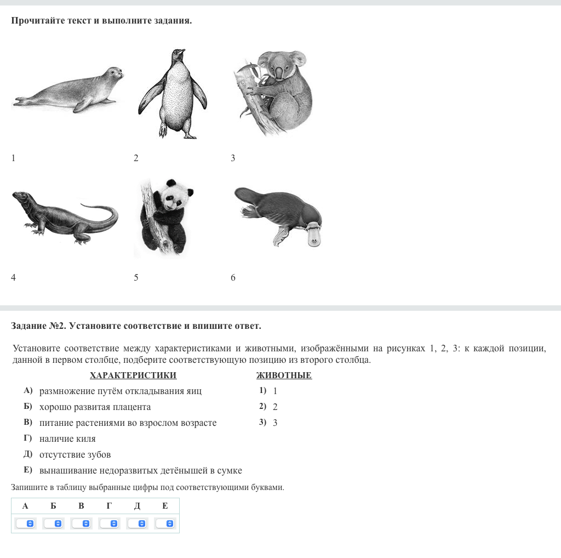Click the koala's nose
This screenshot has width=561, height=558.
pos(279,73)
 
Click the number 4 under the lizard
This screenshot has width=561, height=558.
pos(13,277)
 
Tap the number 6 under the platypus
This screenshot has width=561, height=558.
pos(233,277)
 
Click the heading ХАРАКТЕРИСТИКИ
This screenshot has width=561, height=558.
pos(133,375)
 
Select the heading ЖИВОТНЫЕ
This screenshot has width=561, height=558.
pos(284,375)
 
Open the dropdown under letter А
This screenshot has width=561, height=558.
pos(25,523)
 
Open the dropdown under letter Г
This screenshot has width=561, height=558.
pos(109,523)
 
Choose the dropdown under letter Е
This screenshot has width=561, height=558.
pos(165,523)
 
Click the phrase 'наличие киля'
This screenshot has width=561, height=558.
pos(67,439)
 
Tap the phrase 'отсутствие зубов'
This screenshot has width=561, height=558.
pos(75,454)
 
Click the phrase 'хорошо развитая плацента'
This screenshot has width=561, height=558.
pos(95,407)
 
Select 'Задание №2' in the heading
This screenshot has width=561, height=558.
pos(38,326)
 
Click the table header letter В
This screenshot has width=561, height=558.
pos(81,506)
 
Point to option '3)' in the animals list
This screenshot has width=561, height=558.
pos(263,422)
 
